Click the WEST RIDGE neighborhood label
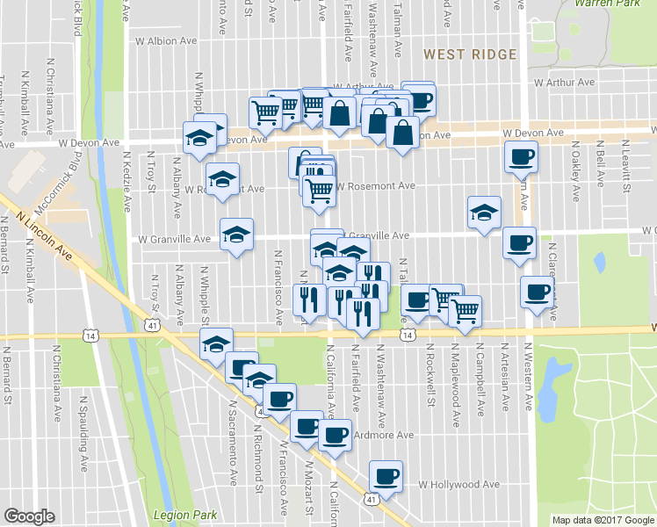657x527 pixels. pos(470,54)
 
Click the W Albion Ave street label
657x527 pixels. pos(165,41)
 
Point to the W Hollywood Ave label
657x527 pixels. pos(458,484)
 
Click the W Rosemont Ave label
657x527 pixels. pos(374,186)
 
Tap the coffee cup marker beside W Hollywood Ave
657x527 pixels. pos(386,475)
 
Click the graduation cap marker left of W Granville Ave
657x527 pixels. pos(236,234)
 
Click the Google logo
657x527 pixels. pos(29,516)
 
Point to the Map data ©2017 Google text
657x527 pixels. pos(603,520)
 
